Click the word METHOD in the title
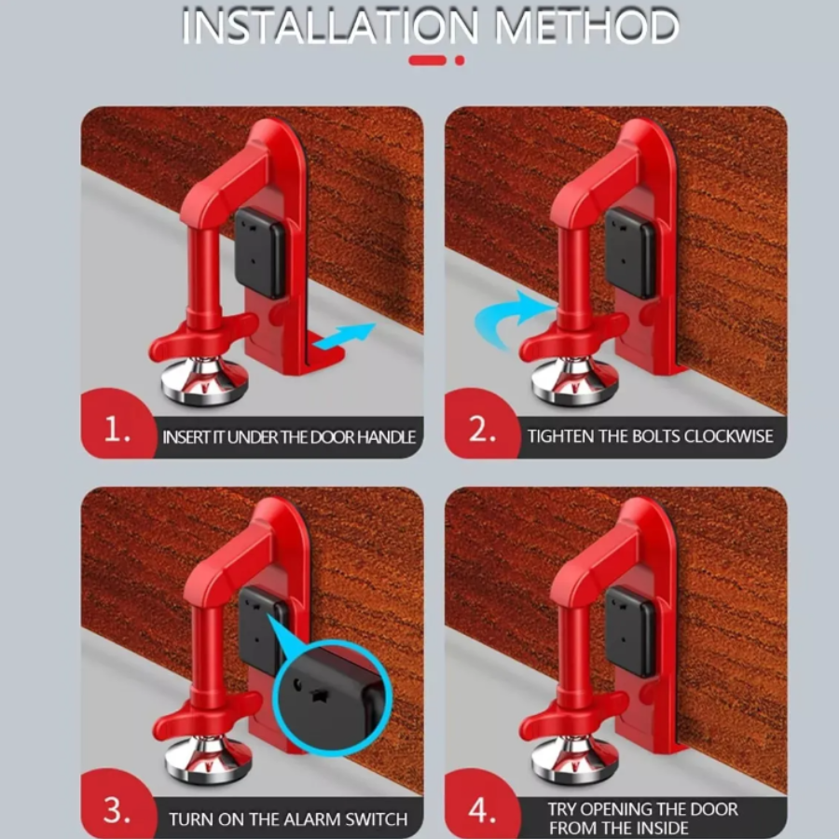pyautogui.click(x=587, y=27)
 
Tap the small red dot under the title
pyautogui.click(x=460, y=61)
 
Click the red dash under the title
pyautogui.click(x=427, y=61)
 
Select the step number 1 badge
pyautogui.click(x=117, y=431)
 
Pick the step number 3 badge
pyautogui.click(x=117, y=811)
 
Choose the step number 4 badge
pyautogui.click(x=481, y=811)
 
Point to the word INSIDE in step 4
pyautogui.click(x=657, y=828)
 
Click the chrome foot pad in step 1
pyautogui.click(x=204, y=381)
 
